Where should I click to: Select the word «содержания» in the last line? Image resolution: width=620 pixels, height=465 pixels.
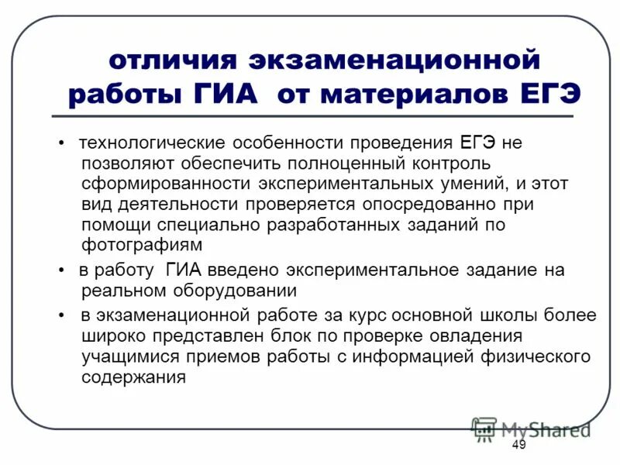pos(133,377)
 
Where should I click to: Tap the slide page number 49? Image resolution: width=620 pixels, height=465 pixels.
pos(518,445)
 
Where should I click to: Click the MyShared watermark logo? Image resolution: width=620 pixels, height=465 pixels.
pos(530,429)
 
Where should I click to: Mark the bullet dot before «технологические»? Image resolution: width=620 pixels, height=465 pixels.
pos(60,145)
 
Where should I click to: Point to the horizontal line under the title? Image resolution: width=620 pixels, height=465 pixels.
pos(310,116)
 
